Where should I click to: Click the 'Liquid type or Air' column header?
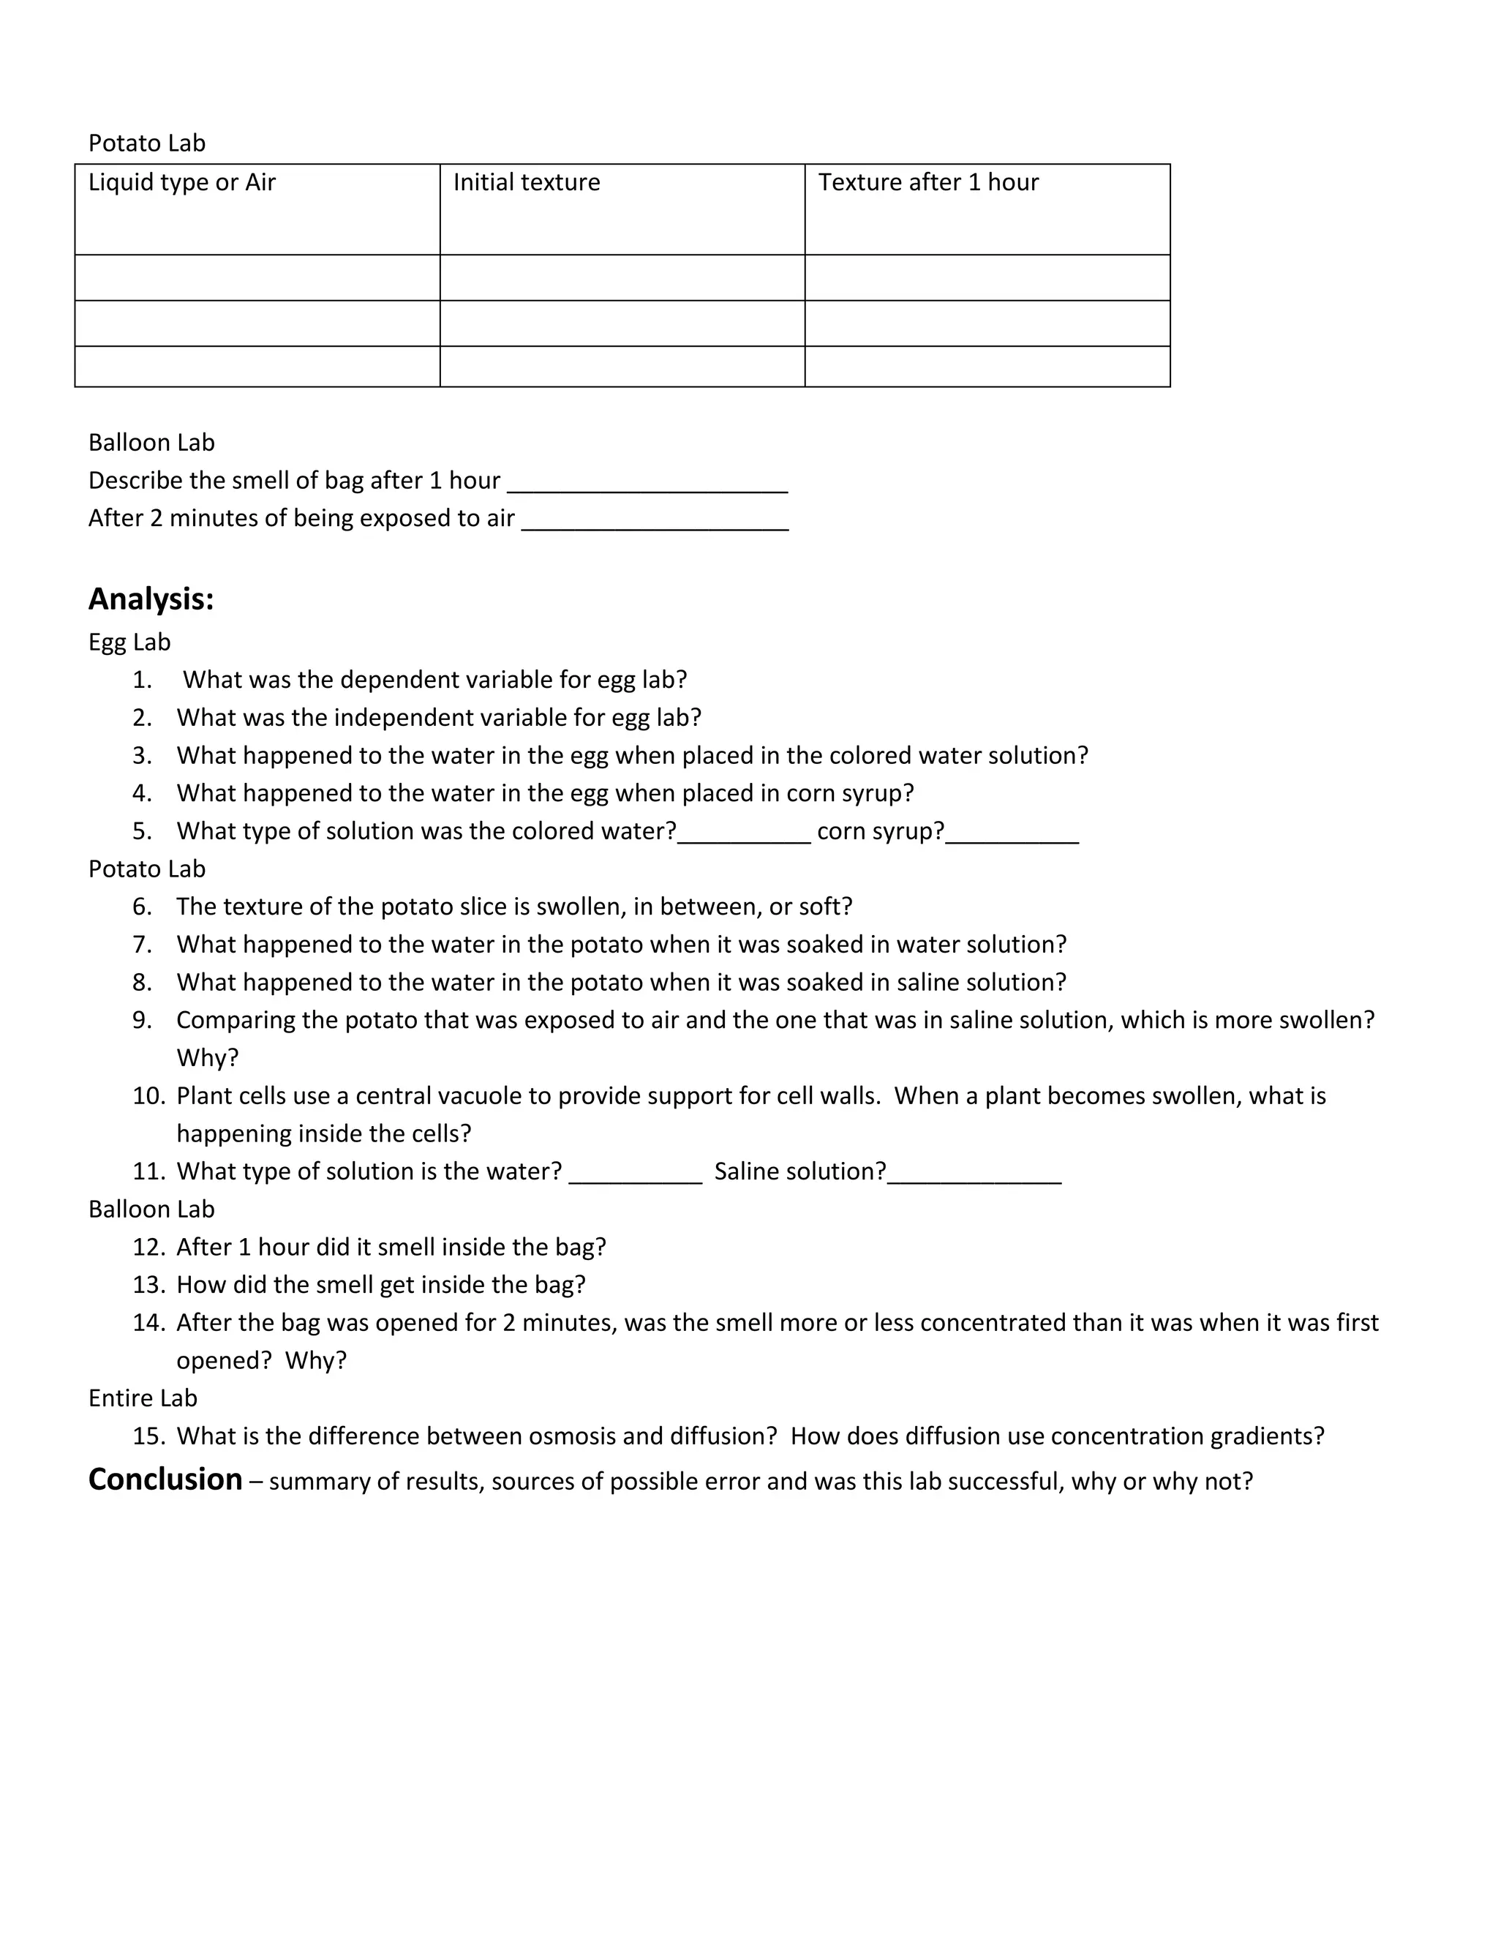click(x=182, y=183)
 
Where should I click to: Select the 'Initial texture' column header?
click(x=526, y=183)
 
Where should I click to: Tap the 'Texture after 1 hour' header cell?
click(x=928, y=183)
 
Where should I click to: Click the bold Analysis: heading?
click(x=151, y=599)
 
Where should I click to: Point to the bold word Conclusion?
click(x=165, y=1479)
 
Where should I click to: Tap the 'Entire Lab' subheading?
click(x=143, y=1398)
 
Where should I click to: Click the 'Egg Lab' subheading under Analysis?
click(x=129, y=642)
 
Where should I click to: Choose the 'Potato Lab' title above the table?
click(x=146, y=144)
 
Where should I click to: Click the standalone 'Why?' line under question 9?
click(x=208, y=1058)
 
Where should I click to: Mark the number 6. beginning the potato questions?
click(x=142, y=907)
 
